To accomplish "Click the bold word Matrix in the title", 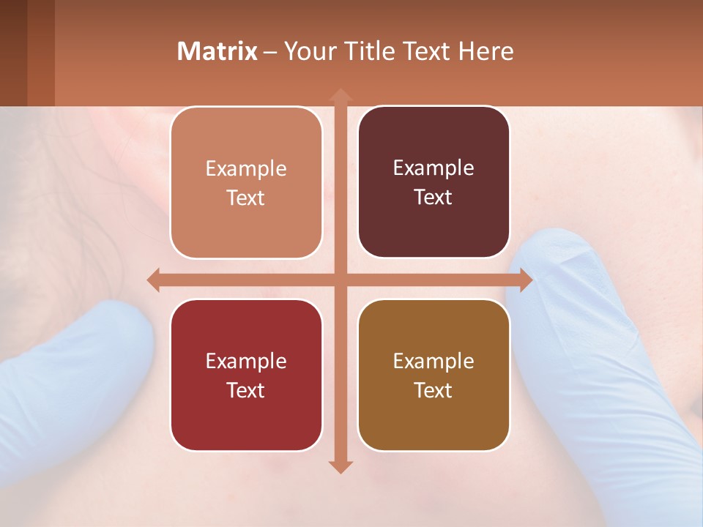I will [x=217, y=51].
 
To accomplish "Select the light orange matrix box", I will [x=246, y=182].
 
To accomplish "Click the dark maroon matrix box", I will [x=434, y=182].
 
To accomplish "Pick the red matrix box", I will [x=246, y=375].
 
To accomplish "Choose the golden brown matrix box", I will [x=434, y=375].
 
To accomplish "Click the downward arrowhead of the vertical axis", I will [x=340, y=466].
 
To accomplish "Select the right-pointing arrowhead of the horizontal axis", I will [x=525, y=280].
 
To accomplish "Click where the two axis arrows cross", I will [x=340, y=280].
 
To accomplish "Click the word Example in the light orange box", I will [x=246, y=169].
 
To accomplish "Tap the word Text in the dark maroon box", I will [x=434, y=198].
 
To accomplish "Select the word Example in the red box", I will [x=246, y=362].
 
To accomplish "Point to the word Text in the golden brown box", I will [x=434, y=391].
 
